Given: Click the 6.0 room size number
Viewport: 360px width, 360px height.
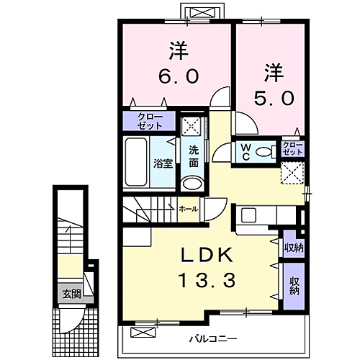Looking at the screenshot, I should point(178,74).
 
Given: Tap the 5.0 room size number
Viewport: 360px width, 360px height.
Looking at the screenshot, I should point(274,97).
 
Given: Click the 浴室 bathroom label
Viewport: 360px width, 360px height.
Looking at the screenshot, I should point(163,163).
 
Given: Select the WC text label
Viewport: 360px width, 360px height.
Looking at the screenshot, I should point(245,151).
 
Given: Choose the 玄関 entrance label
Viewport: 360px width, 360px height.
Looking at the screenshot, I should point(71,294).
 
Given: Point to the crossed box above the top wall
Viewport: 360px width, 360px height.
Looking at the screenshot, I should point(197,12).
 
